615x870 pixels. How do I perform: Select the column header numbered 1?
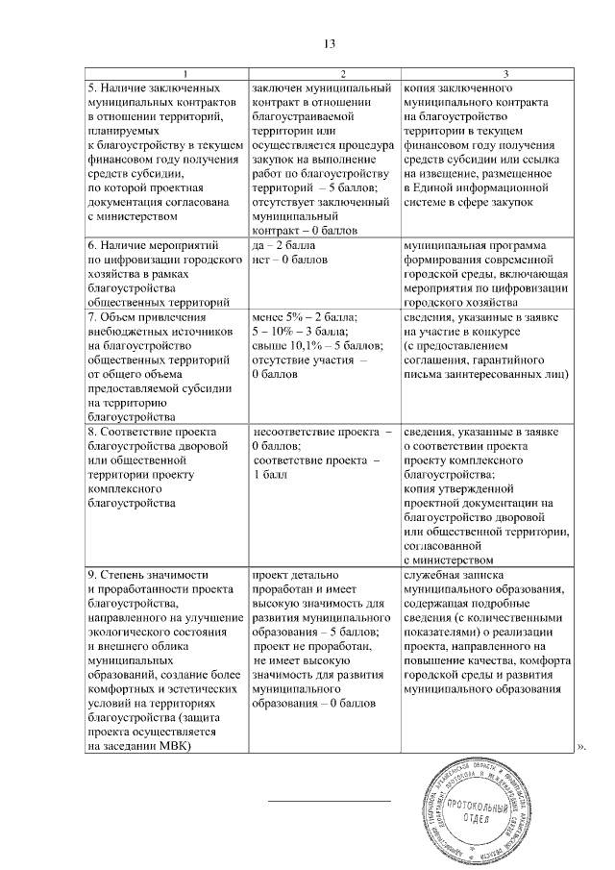click(165, 74)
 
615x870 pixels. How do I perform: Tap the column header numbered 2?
click(322, 74)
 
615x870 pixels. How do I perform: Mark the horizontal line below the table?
click(329, 801)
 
